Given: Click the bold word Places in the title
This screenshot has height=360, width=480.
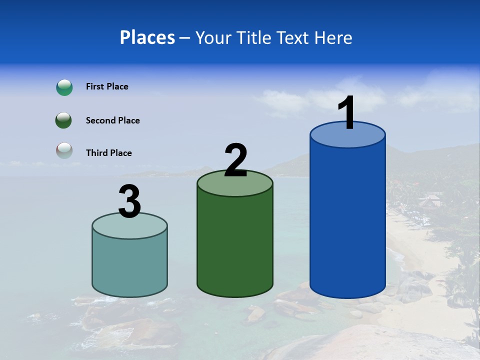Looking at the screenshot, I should [x=147, y=38].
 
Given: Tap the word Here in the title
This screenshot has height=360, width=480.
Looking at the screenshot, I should [x=333, y=38].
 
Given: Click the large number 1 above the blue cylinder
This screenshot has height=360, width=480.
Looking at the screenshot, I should [x=346, y=112].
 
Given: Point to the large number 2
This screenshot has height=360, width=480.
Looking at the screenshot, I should [x=235, y=160].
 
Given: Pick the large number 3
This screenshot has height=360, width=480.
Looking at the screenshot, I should [x=129, y=201].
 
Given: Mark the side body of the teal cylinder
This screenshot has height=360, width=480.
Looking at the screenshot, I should [x=129, y=265].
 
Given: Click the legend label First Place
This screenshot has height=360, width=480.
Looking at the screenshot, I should [x=107, y=86].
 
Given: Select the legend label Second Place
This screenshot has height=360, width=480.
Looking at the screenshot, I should [x=112, y=120].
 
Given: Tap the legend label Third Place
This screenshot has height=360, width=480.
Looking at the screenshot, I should [x=108, y=153].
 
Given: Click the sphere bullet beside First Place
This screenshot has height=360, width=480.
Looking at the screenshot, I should [x=64, y=87].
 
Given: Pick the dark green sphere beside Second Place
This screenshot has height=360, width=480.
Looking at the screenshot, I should [x=64, y=120].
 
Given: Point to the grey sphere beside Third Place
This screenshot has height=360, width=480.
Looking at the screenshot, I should [x=64, y=150].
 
